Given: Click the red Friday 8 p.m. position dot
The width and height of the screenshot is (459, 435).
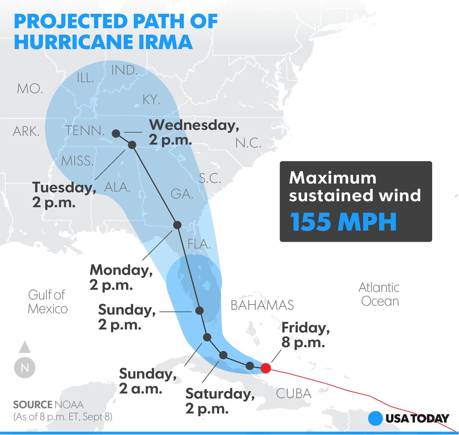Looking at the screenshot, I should coord(266,368).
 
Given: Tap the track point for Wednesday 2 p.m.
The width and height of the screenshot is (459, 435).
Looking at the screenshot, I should coord(116,133).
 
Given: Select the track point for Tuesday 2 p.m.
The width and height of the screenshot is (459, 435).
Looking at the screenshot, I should coord(132,145).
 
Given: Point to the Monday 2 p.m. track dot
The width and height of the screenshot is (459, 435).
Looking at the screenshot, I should coord(177,225).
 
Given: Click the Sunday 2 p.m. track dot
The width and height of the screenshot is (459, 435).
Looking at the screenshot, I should coord(199,310).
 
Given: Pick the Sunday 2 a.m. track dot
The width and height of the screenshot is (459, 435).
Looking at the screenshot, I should coord(207,337).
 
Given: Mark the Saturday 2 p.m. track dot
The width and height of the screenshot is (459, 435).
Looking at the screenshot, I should coord(223,355).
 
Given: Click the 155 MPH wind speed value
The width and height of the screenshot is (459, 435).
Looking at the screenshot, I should coord(343,222).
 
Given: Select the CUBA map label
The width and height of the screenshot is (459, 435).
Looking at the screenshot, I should coord(294,393).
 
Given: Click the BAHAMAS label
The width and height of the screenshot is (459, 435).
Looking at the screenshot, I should coord(262,305).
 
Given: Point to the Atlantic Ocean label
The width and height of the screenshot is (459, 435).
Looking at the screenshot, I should coord(379,294).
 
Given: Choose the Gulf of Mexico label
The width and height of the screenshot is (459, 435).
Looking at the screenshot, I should coord(47,302).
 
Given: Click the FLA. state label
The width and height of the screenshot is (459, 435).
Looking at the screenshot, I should coord(199,244).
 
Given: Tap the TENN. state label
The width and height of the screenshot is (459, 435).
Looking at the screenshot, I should coord(85,131).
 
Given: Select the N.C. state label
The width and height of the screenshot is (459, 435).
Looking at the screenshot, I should coord(248,143).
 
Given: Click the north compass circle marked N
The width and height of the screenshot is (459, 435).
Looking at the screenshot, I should coord(25,368).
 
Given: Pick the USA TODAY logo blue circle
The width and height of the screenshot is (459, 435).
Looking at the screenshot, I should coord(376,418).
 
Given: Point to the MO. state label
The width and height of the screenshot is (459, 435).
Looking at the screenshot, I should coord(30,89).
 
